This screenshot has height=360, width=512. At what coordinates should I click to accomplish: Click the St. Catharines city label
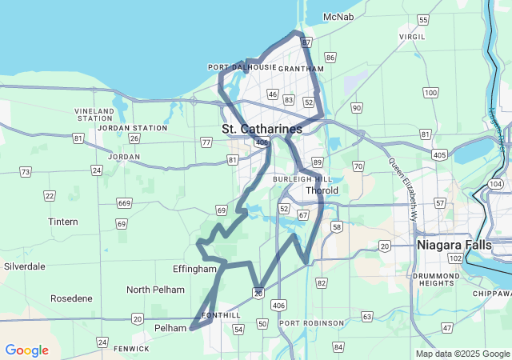point(262,129)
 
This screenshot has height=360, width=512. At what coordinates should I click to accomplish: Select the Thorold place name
point(322,190)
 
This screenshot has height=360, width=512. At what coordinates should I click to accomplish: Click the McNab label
point(338,17)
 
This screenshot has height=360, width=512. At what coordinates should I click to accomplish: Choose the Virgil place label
point(413,37)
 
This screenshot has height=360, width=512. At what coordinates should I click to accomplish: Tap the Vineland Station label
point(94,114)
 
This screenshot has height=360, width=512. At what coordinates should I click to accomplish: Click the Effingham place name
point(194,269)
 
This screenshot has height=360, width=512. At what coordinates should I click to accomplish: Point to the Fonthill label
point(221,315)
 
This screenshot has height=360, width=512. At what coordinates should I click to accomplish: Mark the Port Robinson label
point(312,323)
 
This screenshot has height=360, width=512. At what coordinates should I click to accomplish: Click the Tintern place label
point(63,222)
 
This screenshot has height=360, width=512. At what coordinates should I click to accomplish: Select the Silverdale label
point(25,266)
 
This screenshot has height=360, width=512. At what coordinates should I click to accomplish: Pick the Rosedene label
point(71,298)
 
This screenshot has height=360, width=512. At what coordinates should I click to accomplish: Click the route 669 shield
point(124,203)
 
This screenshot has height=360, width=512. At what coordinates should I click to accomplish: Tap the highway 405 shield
point(438,154)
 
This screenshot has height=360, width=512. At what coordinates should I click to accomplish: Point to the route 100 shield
point(431,93)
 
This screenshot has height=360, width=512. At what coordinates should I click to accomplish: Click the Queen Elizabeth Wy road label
point(404,188)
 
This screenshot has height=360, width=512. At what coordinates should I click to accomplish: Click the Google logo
point(26,350)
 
